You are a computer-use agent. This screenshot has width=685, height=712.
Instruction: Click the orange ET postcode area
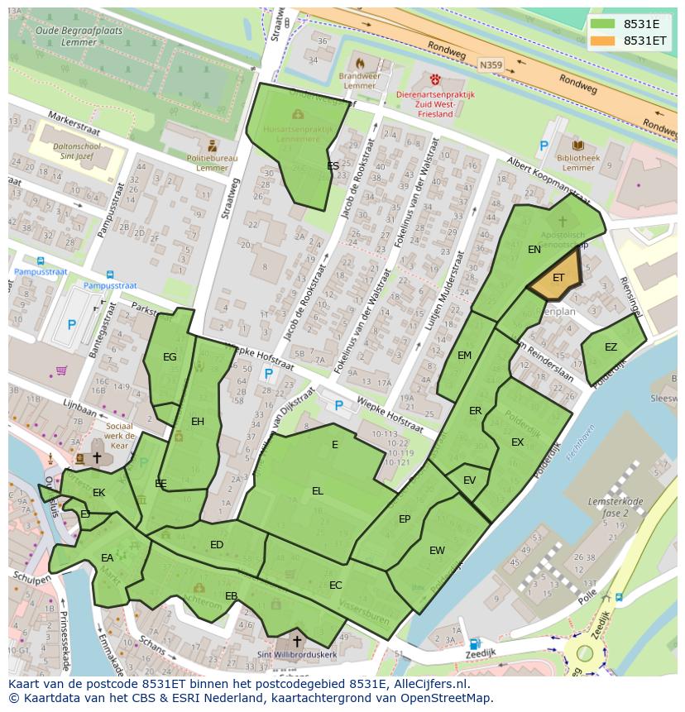tap(555, 280)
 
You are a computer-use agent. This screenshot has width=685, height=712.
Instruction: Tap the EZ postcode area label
tap(611, 347)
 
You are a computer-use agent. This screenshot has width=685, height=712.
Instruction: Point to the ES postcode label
tap(333, 166)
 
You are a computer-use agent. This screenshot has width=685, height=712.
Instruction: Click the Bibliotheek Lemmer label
tap(577, 162)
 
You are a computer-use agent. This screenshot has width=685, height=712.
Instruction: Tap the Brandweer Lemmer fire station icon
tap(359, 64)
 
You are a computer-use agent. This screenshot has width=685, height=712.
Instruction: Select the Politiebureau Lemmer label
tap(212, 163)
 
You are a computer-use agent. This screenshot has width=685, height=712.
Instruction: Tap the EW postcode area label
tap(437, 551)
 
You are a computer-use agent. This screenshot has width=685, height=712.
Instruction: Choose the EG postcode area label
tap(170, 357)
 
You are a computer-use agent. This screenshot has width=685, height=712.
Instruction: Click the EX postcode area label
tap(517, 442)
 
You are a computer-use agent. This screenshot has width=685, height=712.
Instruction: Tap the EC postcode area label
tap(335, 585)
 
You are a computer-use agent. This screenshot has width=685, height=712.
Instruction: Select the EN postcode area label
tap(534, 249)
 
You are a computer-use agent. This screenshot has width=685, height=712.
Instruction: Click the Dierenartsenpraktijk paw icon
tap(436, 79)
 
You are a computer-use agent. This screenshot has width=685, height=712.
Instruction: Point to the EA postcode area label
tap(107, 558)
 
